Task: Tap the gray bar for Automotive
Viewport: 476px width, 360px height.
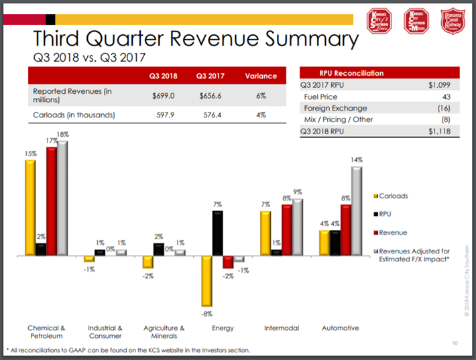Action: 357,211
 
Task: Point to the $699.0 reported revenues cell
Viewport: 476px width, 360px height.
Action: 164,96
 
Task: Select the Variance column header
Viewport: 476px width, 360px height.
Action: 261,75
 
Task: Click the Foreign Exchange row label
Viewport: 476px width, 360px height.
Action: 335,108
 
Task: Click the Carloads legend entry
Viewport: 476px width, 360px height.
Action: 393,196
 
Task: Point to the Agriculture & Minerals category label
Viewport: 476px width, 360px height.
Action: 164,332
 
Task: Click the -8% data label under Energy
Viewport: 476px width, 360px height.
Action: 208,313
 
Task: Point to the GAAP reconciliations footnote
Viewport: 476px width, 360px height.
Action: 127,350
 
